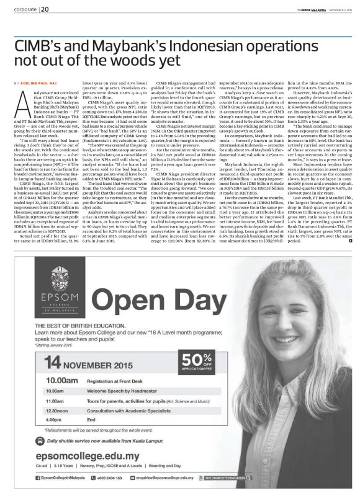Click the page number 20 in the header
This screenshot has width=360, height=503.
pos(46,9)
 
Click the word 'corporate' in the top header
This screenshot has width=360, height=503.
pos(22,9)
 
